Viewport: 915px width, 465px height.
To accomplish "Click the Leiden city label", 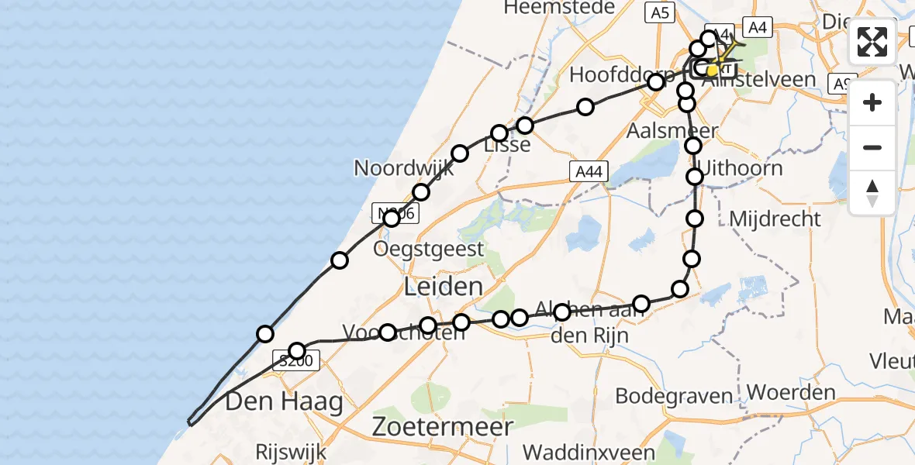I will click(x=444, y=287).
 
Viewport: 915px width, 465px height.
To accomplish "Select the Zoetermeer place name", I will click(x=442, y=426).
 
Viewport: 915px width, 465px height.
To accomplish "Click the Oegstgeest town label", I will click(x=429, y=249).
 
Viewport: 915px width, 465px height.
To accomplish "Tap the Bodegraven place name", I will click(x=674, y=396).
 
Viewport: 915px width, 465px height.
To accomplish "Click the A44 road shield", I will click(x=589, y=172).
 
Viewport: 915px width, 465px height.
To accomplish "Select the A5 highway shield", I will click(x=660, y=12).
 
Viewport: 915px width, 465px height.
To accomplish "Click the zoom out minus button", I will click(x=872, y=147).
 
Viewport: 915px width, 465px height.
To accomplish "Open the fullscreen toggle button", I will click(x=872, y=42).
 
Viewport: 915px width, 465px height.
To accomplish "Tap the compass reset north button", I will click(x=872, y=192).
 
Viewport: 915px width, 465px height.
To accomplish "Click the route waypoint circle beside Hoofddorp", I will click(x=656, y=82).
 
